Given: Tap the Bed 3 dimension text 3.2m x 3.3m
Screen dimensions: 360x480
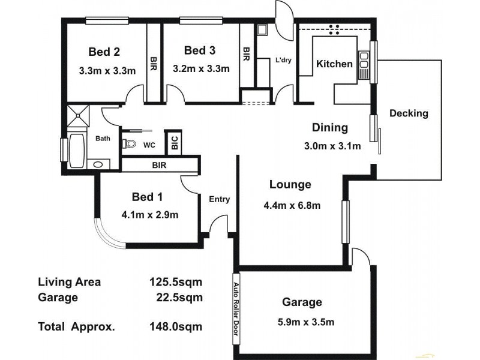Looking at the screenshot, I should point(201,68).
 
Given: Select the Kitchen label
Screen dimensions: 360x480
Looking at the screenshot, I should point(334,64).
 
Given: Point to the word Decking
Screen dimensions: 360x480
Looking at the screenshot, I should point(409,113).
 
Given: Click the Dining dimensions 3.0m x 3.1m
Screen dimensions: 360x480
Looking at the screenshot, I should point(332,146).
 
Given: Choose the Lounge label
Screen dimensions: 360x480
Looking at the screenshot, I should point(290,184).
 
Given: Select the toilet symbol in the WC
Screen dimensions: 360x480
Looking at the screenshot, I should point(128,144).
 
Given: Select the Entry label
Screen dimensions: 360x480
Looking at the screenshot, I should point(219,200).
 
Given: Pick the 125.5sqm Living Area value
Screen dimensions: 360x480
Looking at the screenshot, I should point(175,281).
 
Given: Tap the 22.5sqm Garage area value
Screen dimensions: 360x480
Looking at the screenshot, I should point(178,297).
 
